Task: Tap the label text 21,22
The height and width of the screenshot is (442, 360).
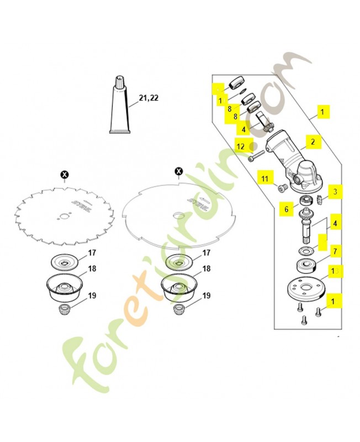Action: [148, 98]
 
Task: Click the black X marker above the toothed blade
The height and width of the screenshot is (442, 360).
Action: [65, 175]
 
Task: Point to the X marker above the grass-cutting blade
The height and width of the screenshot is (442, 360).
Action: [178, 172]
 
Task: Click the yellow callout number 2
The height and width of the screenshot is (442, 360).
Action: [312, 142]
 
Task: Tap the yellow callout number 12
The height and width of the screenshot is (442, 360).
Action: [241, 146]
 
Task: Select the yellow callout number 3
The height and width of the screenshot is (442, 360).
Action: [336, 192]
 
